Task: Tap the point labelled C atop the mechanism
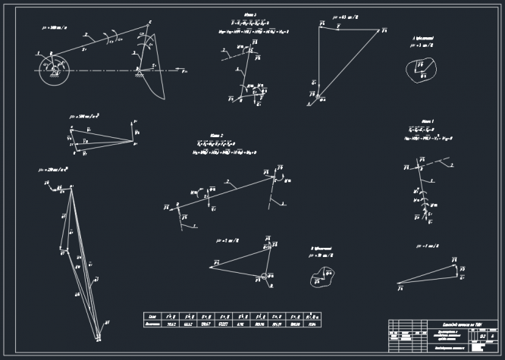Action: coord(149,23)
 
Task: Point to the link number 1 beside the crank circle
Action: coord(36,52)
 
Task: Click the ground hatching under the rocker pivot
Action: coord(141,74)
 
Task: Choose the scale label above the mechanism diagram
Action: coord(53,27)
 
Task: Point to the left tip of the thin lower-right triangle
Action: coord(399,286)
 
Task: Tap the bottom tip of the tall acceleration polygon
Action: coord(99,337)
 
